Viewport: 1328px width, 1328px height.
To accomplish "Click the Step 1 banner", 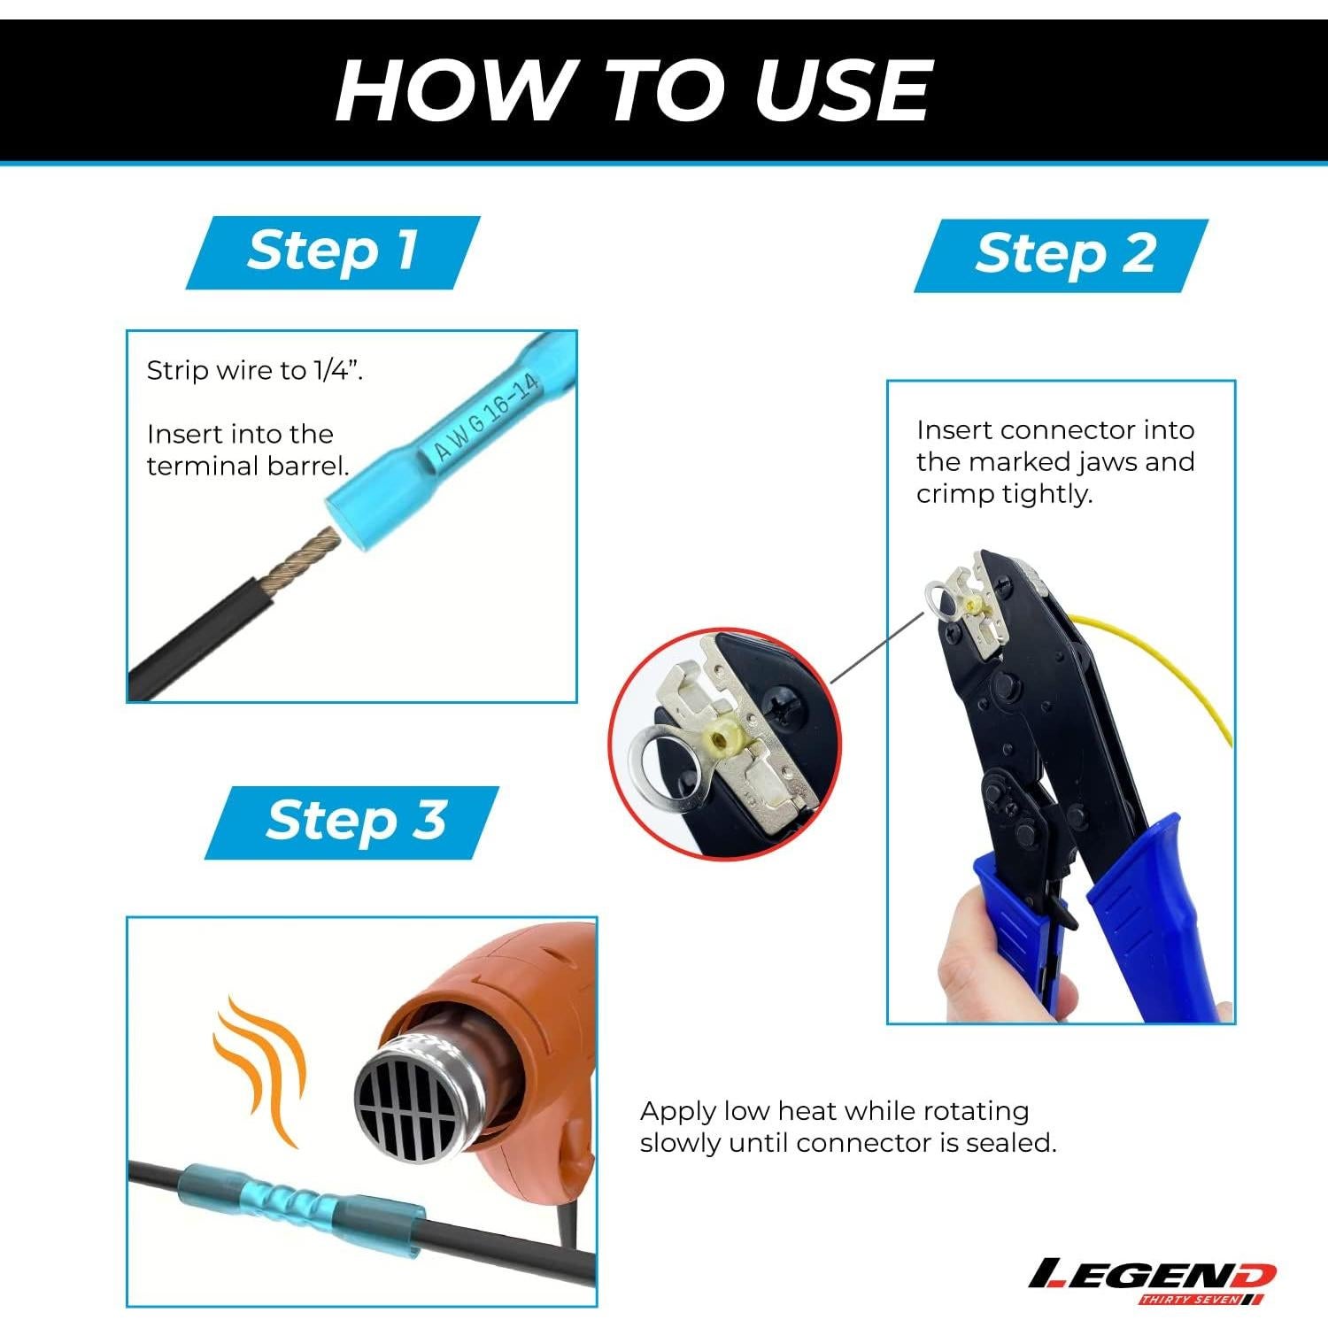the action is (333, 252).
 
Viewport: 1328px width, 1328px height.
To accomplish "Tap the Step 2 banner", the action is (1062, 256).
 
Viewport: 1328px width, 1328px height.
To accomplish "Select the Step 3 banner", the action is (352, 822).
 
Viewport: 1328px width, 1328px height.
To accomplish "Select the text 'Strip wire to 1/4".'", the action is (255, 370).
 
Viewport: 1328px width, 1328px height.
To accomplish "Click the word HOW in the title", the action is (452, 90).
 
